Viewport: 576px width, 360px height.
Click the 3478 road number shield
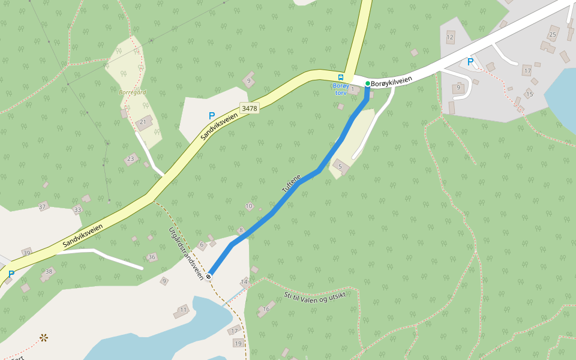pyautogui.click(x=248, y=109)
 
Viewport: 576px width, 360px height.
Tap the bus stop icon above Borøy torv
pyautogui.click(x=341, y=77)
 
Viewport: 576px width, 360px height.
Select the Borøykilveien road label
pyautogui.click(x=392, y=83)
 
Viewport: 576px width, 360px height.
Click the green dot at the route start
pyautogui.click(x=367, y=83)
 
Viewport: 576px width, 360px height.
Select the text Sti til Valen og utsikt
pyautogui.click(x=314, y=297)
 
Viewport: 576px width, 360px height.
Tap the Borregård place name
pyautogui.click(x=132, y=92)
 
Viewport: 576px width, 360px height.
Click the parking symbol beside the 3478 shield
pyautogui.click(x=211, y=115)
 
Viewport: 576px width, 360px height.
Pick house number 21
pyautogui.click(x=143, y=122)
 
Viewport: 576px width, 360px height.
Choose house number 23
pyautogui.click(x=130, y=159)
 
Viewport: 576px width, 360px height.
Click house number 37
pyautogui.click(x=42, y=206)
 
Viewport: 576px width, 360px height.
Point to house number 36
pyautogui.click(x=152, y=257)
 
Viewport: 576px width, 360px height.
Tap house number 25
pyautogui.click(x=553, y=34)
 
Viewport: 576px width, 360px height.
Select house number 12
pyautogui.click(x=450, y=37)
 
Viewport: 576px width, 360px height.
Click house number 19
pyautogui.click(x=238, y=343)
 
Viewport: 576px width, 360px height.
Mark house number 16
pyautogui.click(x=266, y=309)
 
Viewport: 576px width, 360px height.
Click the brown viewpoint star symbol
pyautogui.click(x=43, y=338)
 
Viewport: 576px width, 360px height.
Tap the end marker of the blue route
pyautogui.click(x=208, y=276)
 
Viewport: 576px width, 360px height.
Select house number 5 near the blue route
pyautogui.click(x=340, y=166)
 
